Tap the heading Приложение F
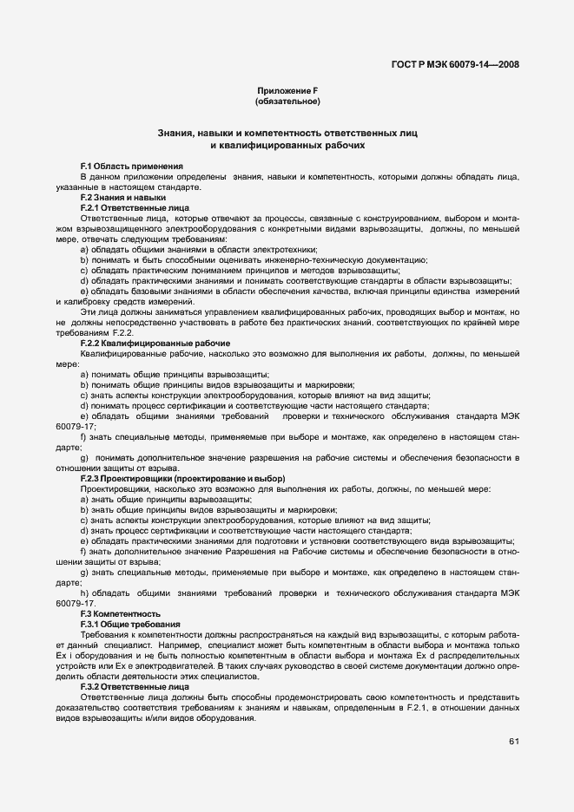[287, 91]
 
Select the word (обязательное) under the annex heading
[287, 102]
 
